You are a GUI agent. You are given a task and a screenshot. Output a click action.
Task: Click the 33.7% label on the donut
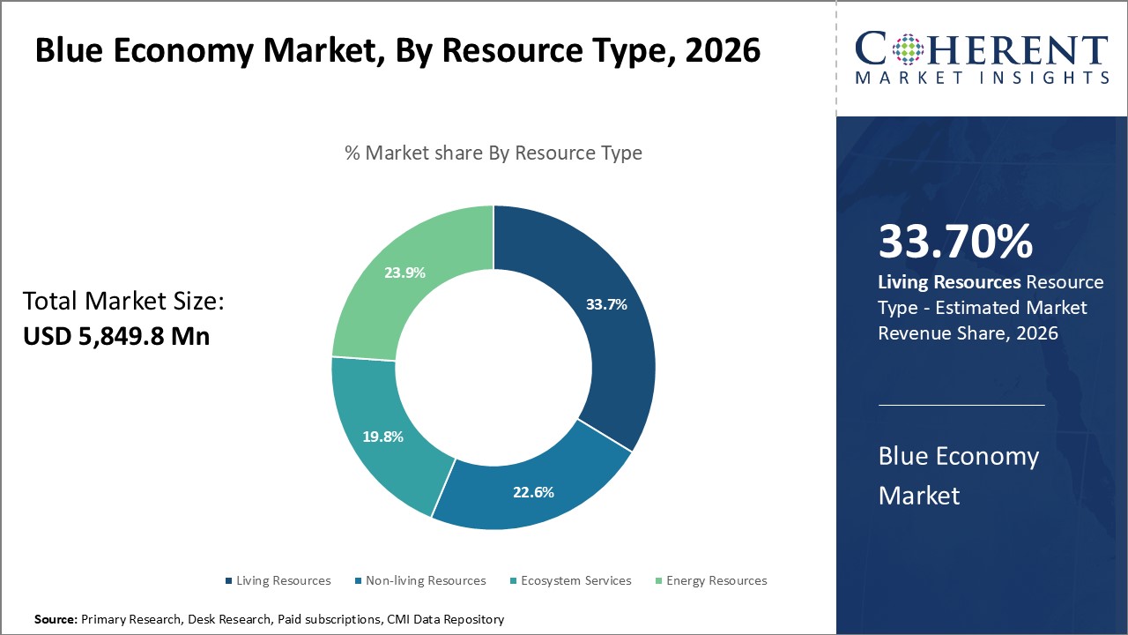point(606,305)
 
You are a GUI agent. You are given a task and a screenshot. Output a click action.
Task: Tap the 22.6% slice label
point(533,492)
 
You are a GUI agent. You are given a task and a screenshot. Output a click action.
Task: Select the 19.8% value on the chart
point(383,437)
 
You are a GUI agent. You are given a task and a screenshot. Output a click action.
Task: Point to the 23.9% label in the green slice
point(404,273)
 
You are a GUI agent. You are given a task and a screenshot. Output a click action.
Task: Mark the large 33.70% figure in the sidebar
point(955,243)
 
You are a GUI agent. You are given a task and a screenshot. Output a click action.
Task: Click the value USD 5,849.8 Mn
point(116,335)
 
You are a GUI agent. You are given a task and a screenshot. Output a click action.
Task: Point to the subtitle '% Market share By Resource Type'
point(493,153)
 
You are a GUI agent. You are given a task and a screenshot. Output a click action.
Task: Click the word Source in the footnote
point(56,619)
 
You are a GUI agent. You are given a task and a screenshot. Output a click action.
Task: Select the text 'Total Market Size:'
point(124,302)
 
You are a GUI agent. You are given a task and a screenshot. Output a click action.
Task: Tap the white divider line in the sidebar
point(961,406)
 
